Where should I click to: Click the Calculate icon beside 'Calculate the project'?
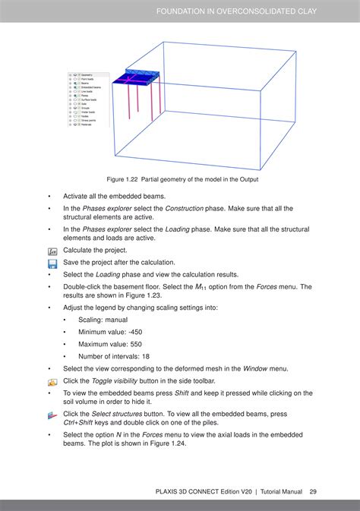(x=52, y=251)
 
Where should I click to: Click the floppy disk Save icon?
(x=52, y=263)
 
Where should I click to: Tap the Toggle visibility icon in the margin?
(x=52, y=381)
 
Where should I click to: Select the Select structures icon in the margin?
(x=52, y=415)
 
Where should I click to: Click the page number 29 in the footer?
(x=312, y=492)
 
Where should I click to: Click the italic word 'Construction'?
(x=186, y=208)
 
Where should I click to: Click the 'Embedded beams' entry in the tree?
(x=90, y=88)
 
